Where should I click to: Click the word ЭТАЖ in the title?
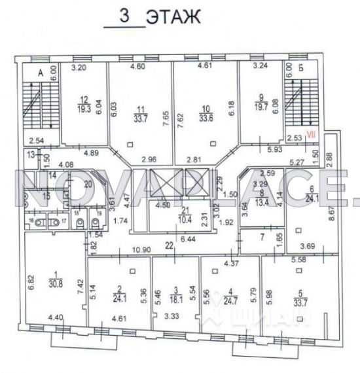click(x=173, y=16)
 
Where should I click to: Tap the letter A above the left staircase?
click(x=40, y=74)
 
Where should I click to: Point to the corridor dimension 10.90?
click(x=137, y=251)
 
